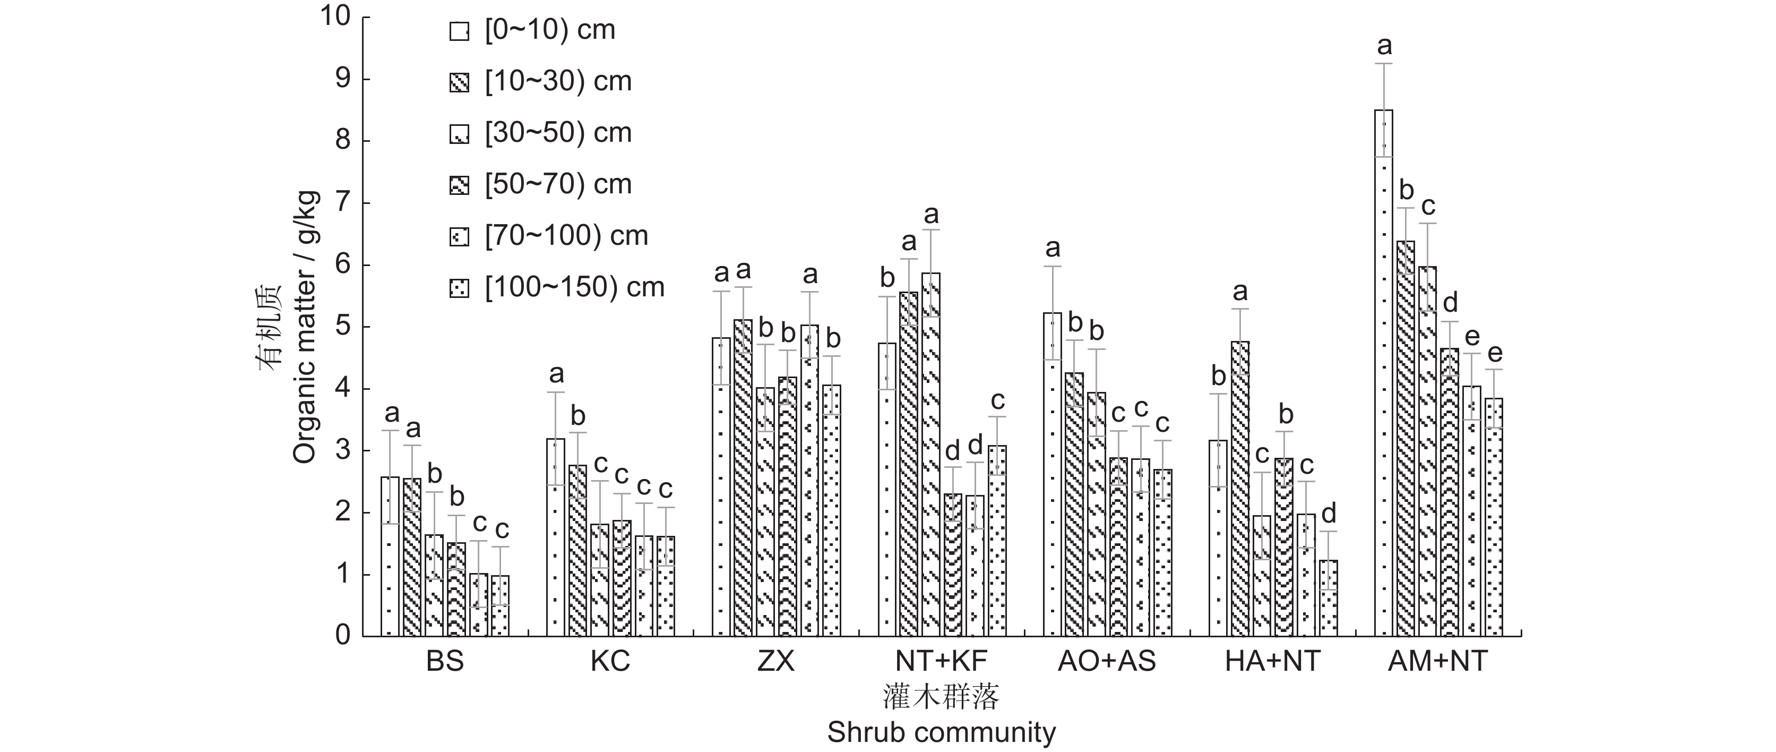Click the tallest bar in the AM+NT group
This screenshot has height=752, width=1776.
[x=1383, y=373]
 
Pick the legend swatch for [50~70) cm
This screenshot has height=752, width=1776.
[x=459, y=185]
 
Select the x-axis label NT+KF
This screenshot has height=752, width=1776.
[x=941, y=662]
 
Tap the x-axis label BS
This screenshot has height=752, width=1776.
[x=445, y=662]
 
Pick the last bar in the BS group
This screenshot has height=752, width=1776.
[x=501, y=606]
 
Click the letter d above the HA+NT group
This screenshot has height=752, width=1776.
[x=1328, y=514]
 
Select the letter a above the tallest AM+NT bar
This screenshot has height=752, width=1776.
[x=1384, y=46]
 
